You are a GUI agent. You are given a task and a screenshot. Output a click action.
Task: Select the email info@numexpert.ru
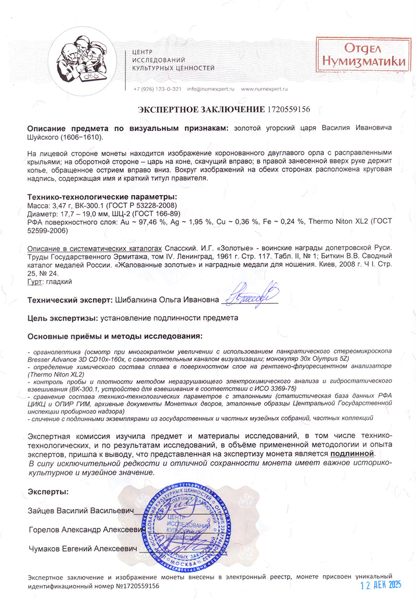(211, 89)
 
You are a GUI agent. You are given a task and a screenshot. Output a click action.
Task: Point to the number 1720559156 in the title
(288, 110)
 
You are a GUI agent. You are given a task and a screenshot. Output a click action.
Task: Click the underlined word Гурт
(34, 281)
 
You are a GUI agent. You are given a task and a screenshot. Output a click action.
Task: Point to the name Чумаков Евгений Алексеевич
(82, 549)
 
